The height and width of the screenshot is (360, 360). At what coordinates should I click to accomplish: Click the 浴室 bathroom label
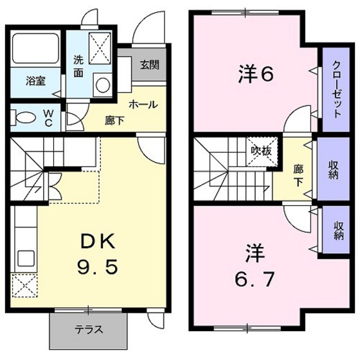(x=35, y=82)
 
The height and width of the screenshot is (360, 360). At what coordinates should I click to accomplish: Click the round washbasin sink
(x=102, y=84)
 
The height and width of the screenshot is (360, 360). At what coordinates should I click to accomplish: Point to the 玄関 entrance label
(x=150, y=64)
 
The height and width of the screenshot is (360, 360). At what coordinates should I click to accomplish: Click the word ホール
(x=143, y=105)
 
